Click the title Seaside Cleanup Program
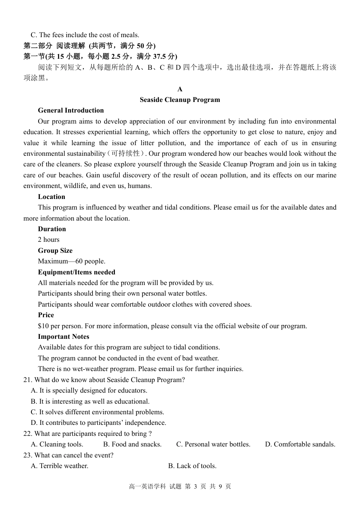(180, 100)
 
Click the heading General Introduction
(70, 110)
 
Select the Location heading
(51, 197)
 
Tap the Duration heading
(52, 229)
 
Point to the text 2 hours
(49, 240)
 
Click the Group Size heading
(55, 251)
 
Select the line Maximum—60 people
(71, 261)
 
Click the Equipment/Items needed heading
(76, 272)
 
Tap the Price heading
(46, 315)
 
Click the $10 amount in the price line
(43, 326)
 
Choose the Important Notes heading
(63, 337)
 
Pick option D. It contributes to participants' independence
(99, 423)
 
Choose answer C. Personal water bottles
(213, 444)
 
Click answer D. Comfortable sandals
(300, 444)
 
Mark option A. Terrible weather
(59, 466)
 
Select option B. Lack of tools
(192, 466)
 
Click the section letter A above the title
(180, 89)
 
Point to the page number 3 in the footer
(196, 486)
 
